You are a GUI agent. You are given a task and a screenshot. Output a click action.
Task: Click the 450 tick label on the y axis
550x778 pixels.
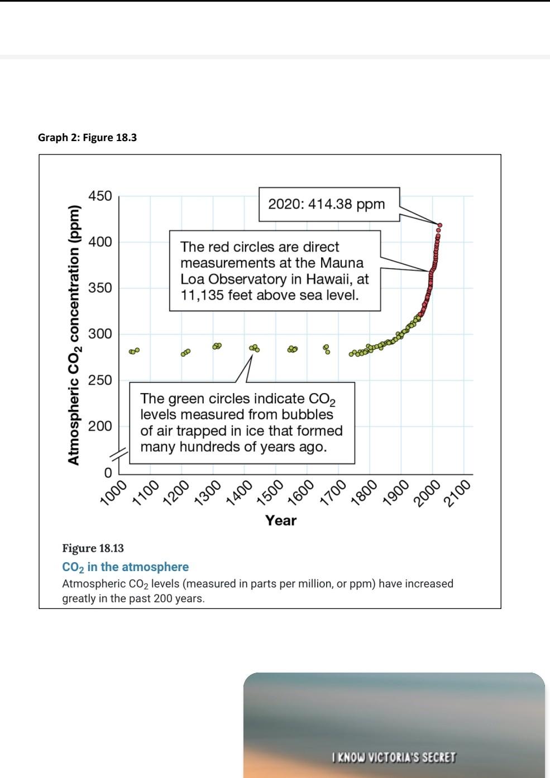(x=100, y=196)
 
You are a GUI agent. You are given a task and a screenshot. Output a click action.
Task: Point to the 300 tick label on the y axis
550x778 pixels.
(x=100, y=334)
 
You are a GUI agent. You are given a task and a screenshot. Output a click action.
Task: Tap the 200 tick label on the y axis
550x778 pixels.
(x=100, y=426)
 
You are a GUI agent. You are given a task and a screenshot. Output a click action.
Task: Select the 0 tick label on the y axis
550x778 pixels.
(x=108, y=472)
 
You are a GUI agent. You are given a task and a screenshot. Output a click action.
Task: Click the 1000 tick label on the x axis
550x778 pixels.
(x=113, y=491)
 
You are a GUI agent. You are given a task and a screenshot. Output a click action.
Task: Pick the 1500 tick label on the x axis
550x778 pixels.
(x=270, y=491)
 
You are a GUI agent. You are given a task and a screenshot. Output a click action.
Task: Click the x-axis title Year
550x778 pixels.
(x=281, y=520)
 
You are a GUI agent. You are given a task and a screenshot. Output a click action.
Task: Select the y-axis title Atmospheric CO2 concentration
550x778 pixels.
(x=74, y=335)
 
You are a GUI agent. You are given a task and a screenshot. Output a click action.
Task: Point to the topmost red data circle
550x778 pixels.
(x=440, y=225)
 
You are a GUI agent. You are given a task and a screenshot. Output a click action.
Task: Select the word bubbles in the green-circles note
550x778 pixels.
(x=307, y=414)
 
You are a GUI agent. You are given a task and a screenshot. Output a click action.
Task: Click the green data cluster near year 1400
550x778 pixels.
(x=255, y=348)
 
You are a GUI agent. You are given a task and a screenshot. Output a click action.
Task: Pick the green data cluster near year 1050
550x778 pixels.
(x=133, y=351)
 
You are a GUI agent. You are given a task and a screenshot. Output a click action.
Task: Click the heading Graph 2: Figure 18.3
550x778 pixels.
(x=87, y=137)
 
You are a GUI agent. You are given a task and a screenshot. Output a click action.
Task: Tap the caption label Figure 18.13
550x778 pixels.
(x=93, y=548)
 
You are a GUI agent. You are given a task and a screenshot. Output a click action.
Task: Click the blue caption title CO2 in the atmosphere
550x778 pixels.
(x=125, y=567)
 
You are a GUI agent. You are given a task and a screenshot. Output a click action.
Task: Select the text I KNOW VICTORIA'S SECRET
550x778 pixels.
(x=393, y=757)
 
